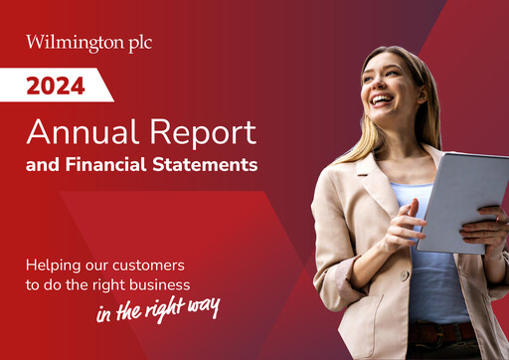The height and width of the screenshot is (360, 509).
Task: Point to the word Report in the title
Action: point(198,131)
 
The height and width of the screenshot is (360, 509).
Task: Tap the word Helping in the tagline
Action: point(55,266)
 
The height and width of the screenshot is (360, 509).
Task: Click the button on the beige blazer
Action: point(405,274)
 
